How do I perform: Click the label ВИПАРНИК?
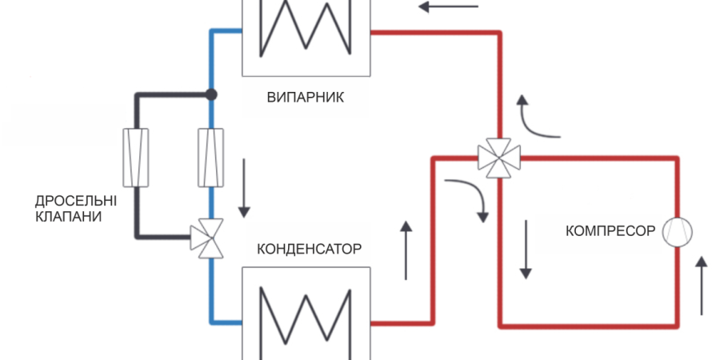tap(305, 98)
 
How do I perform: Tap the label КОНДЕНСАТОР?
tap(309, 248)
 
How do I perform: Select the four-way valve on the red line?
tap(499, 154)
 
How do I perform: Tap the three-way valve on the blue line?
tap(210, 238)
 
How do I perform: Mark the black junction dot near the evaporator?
tap(211, 94)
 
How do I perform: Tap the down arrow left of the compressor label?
tap(526, 249)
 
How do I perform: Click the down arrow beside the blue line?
tap(242, 188)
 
